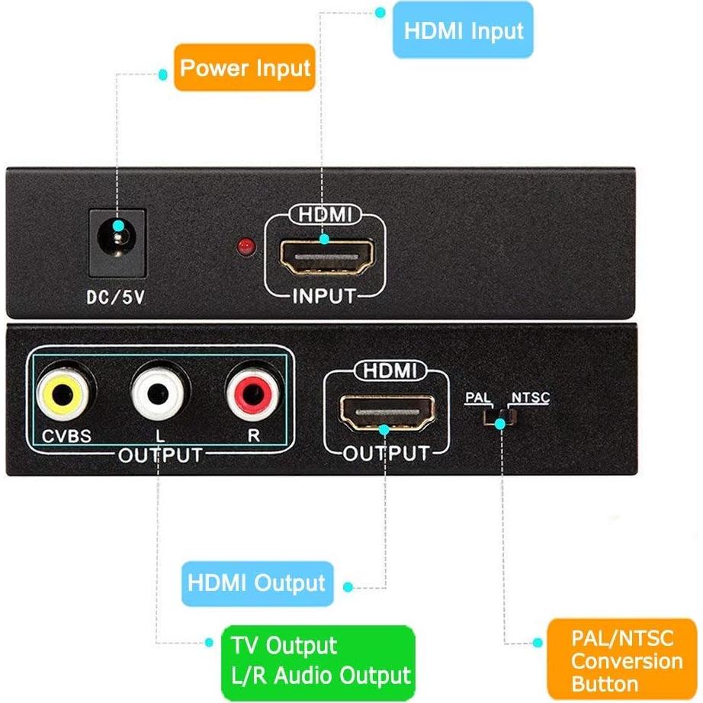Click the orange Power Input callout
245,68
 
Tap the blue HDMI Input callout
463,31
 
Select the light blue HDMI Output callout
257,584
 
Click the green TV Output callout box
319,660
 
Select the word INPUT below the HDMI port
324,296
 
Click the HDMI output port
387,412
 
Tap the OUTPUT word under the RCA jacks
160,456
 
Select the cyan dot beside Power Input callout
162,74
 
